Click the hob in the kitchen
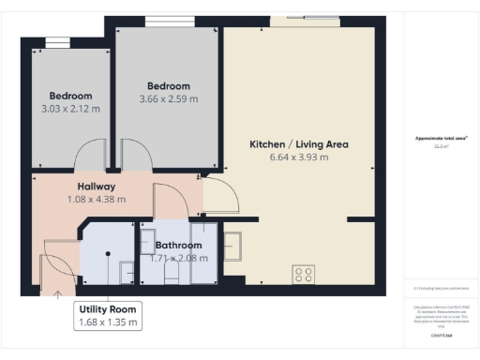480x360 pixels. pos(304,275)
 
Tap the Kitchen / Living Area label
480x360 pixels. pos(299,144)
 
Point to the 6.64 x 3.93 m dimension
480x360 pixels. pos(299,157)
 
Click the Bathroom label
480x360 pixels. pos(178,246)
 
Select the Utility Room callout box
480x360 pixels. pos(108,315)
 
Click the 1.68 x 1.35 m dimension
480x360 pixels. pos(108,322)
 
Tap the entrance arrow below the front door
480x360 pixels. pos(58,294)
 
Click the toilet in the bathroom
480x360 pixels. pos(171,271)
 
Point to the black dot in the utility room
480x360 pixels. pos(108,253)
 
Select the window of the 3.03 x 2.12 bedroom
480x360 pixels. pos(56,41)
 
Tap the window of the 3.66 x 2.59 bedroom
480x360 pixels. pos(169,22)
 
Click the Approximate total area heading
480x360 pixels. pos(442,139)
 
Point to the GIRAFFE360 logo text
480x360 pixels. pos(442,335)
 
